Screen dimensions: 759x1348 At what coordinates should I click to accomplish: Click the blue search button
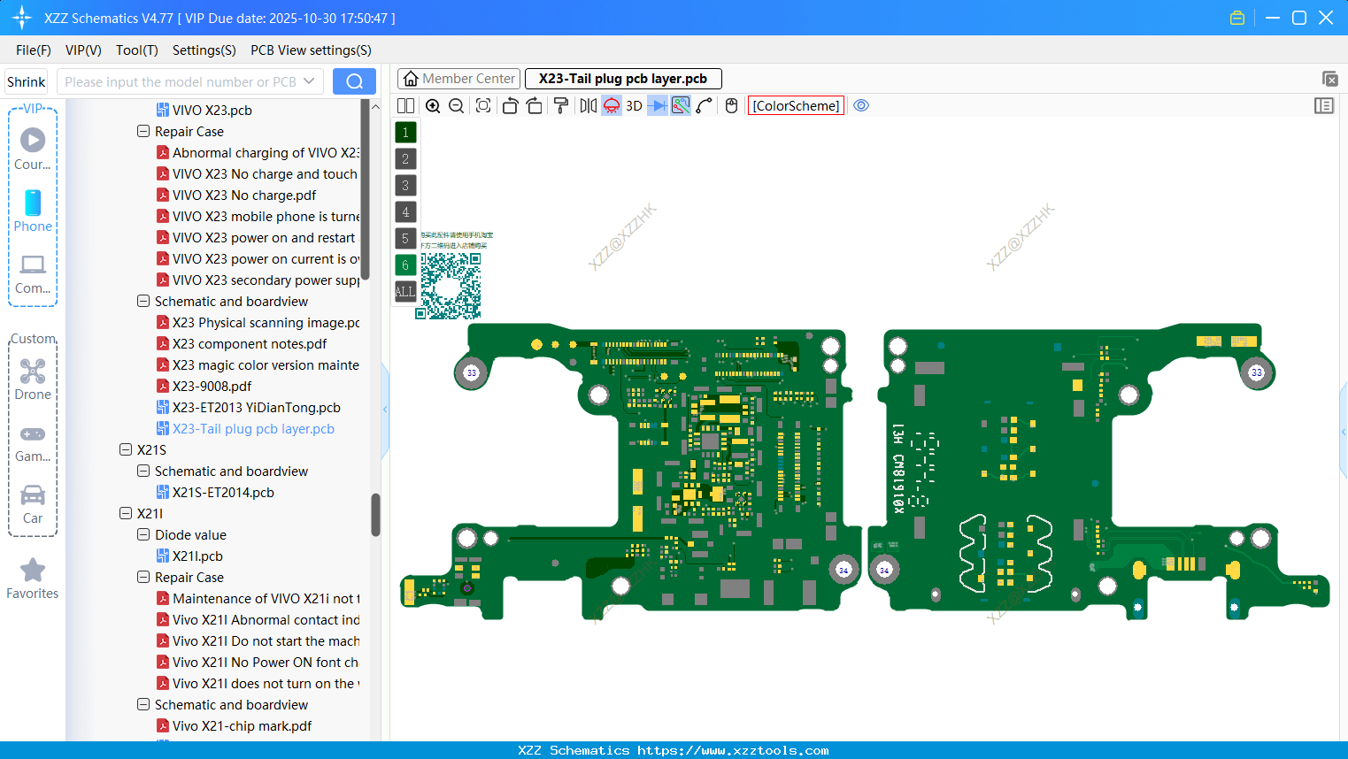(x=354, y=81)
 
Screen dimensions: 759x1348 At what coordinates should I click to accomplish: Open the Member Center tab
(x=458, y=79)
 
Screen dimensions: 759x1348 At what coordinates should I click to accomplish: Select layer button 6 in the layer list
(x=405, y=264)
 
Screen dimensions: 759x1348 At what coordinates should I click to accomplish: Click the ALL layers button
(x=405, y=291)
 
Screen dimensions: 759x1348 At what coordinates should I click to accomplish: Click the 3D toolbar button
(x=634, y=105)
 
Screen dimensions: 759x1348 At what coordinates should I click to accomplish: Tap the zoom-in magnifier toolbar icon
(x=433, y=105)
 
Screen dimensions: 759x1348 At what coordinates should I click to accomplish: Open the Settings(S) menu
(x=204, y=50)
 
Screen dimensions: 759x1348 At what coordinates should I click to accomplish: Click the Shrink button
(x=27, y=81)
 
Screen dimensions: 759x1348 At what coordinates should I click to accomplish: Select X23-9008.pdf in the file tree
(x=212, y=387)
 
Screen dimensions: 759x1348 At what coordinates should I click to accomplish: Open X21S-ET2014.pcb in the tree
(x=223, y=493)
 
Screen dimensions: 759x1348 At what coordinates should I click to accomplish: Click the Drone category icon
(x=33, y=372)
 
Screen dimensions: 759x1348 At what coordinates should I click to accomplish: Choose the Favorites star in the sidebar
(x=33, y=571)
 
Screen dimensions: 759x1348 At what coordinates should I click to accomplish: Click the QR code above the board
(x=451, y=286)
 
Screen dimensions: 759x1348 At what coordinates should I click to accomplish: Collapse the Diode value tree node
(x=143, y=535)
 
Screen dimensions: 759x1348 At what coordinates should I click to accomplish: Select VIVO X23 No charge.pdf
(x=244, y=195)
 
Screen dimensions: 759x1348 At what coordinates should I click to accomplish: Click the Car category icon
(x=33, y=495)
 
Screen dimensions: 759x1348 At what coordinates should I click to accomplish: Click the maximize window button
(x=1299, y=18)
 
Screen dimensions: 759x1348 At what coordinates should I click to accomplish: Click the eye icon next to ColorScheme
(x=861, y=105)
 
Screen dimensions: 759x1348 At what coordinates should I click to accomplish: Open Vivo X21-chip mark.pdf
(x=242, y=726)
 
